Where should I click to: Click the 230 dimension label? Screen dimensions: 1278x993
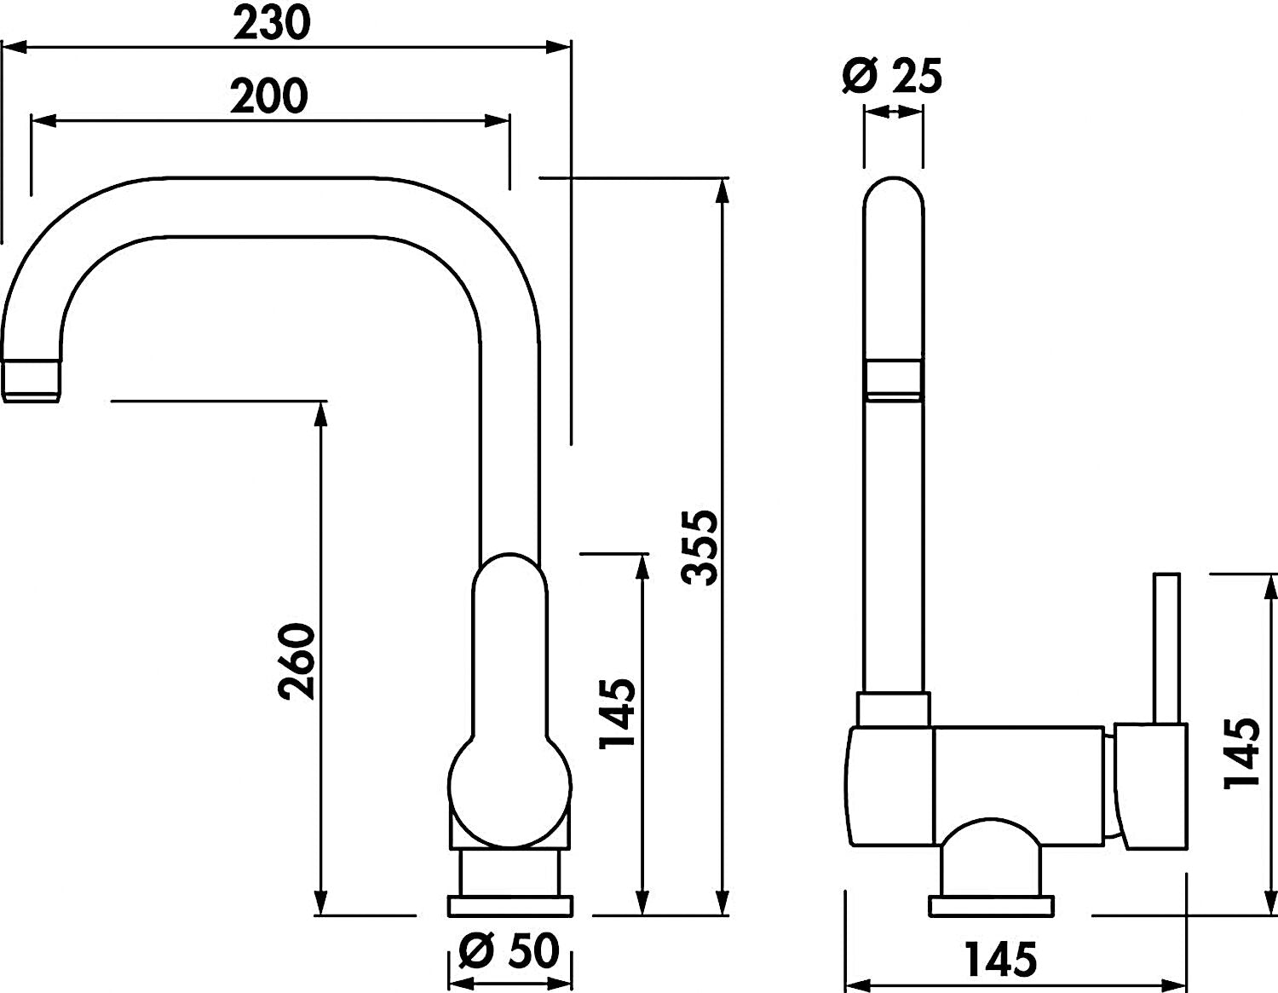[x=272, y=24]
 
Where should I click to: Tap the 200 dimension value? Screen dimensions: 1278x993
[x=268, y=96]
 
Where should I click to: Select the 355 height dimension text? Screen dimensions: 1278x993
[x=699, y=548]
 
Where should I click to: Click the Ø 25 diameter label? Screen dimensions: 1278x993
[x=892, y=76]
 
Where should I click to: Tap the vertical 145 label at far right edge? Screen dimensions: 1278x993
[x=1241, y=753]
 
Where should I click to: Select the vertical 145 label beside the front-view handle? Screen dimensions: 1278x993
[x=617, y=713]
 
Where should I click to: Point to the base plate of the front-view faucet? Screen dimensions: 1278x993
[x=509, y=922]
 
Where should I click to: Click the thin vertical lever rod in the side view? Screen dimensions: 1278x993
[x=1167, y=648]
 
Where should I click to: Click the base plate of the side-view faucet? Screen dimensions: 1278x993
[x=992, y=922]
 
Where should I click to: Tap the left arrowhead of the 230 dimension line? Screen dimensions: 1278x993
[x=14, y=47]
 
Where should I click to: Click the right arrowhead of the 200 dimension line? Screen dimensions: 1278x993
[x=497, y=121]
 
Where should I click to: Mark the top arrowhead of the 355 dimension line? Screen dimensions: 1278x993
[x=722, y=191]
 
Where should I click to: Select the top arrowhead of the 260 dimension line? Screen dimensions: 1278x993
[x=320, y=414]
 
